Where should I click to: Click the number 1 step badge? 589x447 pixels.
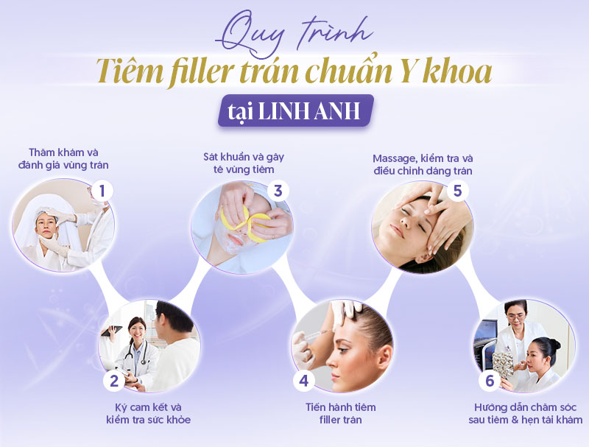coord(102,191)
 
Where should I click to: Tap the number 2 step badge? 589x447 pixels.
coord(114,381)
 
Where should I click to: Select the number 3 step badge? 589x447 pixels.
coord(278,191)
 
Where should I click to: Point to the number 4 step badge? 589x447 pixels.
coord(303,381)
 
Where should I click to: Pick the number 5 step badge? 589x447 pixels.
coord(457,191)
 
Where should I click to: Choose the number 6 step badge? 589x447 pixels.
coord(490,381)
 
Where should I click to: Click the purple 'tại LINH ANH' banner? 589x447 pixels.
coord(296,110)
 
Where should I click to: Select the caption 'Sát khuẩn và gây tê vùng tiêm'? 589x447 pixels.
coord(244,163)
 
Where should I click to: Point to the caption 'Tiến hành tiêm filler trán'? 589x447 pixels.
coord(340,413)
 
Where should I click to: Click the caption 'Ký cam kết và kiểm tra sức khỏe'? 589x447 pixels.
coord(148,413)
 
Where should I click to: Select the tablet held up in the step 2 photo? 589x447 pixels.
coord(112,331)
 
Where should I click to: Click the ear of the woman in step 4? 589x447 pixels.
coord(383,356)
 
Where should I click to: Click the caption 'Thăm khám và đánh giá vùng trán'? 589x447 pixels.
coord(63,158)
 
